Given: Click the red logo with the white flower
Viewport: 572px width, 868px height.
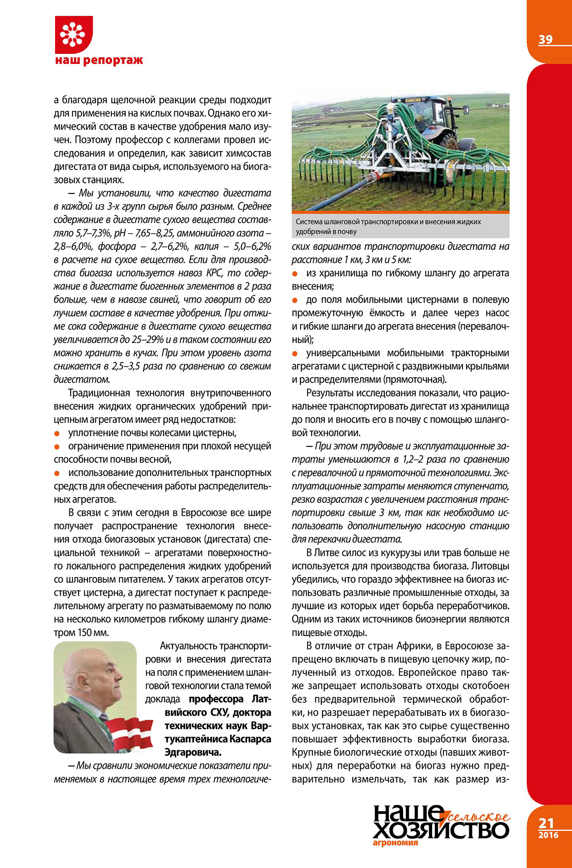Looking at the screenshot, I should click(74, 34).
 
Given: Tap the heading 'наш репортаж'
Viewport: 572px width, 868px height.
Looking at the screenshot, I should click(99, 60).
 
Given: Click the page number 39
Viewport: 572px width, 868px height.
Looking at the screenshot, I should click(545, 40).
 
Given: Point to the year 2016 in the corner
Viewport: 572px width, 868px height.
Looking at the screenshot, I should click(548, 835).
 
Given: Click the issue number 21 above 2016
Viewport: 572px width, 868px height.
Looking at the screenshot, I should click(546, 823).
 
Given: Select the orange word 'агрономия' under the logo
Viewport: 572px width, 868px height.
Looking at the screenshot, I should click(395, 843).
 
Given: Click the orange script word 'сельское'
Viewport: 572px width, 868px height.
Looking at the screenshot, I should click(478, 817).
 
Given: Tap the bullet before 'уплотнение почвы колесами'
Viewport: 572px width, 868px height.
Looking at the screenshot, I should click(57, 434).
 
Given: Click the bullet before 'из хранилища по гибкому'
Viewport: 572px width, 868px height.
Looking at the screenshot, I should click(294, 274).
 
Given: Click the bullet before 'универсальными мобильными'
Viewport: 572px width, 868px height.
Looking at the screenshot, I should click(294, 354).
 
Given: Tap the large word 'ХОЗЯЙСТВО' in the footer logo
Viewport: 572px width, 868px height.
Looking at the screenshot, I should click(441, 830).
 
